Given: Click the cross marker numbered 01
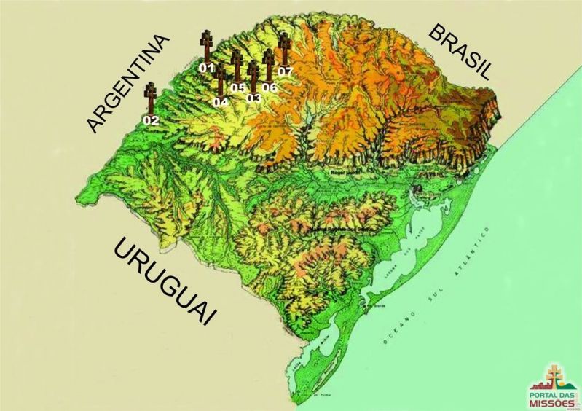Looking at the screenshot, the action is click(x=207, y=44).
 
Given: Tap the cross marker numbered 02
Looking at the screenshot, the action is click(x=152, y=98).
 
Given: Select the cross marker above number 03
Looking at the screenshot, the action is click(x=253, y=76).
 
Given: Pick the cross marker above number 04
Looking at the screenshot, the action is click(x=221, y=80).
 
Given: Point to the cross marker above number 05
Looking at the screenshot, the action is click(x=237, y=66).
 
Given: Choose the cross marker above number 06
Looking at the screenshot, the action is click(x=268, y=65).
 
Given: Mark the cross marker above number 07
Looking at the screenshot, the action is click(x=285, y=49).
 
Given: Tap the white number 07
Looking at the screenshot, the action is click(x=285, y=71).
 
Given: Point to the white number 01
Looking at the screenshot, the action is click(x=207, y=68).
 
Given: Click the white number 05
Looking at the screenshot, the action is click(x=238, y=87).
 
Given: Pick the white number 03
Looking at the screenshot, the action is click(x=253, y=98).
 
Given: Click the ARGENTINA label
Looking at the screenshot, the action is click(x=128, y=83).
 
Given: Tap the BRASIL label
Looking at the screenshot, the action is click(x=459, y=51).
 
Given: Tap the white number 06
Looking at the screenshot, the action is click(x=270, y=87).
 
